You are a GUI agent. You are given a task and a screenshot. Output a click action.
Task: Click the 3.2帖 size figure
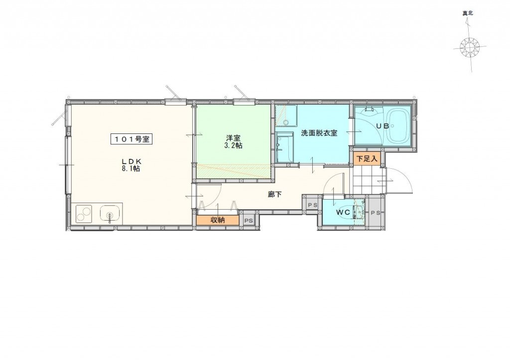233,146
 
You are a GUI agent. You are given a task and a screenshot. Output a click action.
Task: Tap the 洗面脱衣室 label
319,133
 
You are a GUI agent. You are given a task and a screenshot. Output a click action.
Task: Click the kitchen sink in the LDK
110,214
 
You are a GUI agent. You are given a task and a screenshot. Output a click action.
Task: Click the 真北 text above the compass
468,14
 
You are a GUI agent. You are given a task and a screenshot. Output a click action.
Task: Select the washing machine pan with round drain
286,115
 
